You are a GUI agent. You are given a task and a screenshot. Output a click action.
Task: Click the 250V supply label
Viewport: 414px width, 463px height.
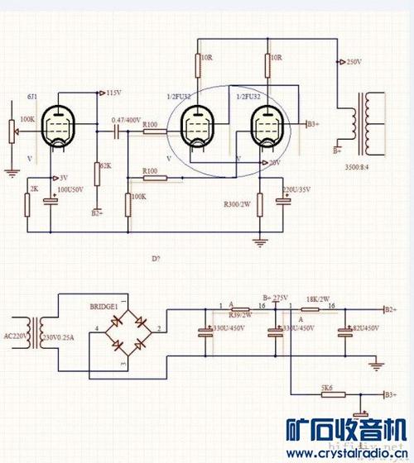coord(353,61)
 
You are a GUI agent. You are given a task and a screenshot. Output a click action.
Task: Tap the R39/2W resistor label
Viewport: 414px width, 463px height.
coord(240,315)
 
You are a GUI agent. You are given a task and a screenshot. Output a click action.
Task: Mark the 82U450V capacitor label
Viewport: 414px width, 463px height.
coord(363,329)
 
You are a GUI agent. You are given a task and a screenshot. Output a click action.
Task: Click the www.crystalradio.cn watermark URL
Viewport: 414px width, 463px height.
coord(348,453)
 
